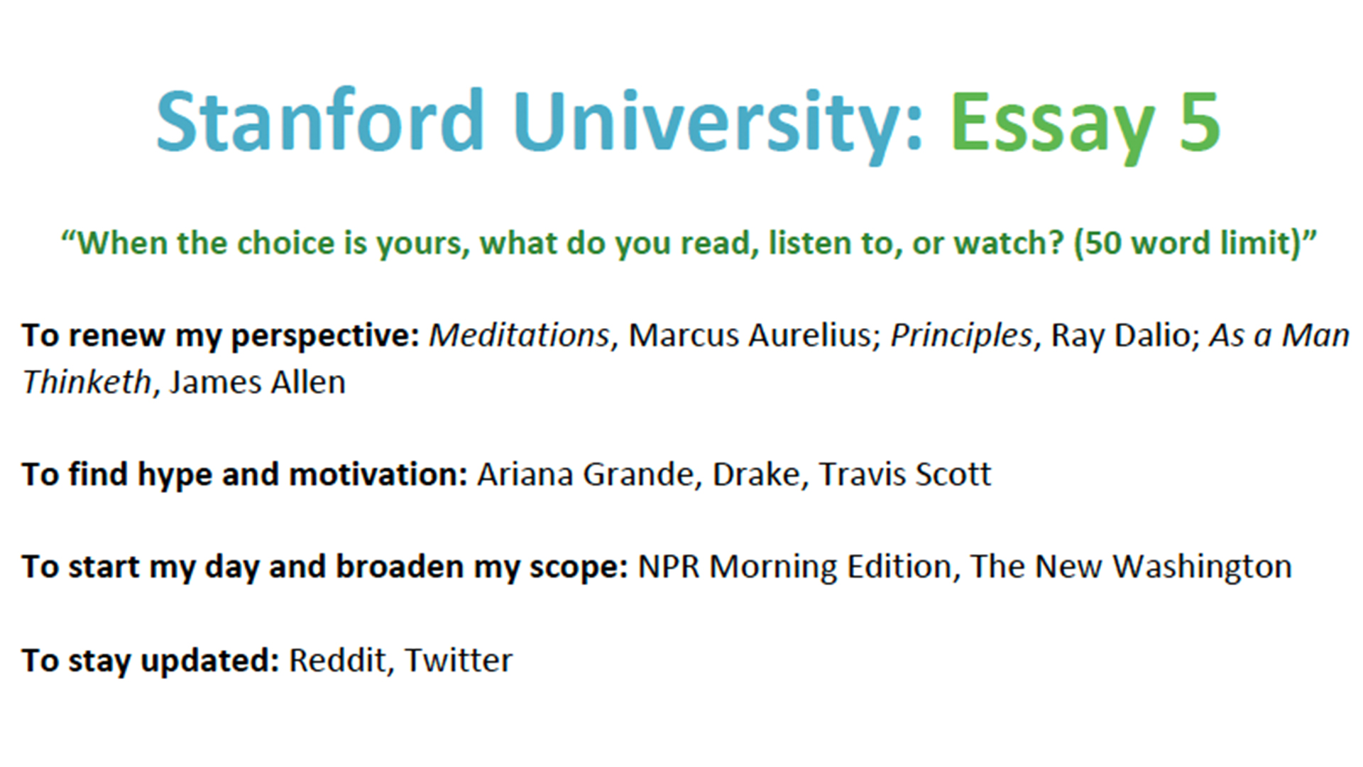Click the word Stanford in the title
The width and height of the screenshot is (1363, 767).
click(x=320, y=121)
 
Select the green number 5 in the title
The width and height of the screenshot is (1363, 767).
click(x=1200, y=121)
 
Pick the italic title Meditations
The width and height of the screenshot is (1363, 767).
click(x=519, y=335)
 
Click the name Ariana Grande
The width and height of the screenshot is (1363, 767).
click(x=585, y=474)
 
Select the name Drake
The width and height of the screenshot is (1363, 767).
click(x=755, y=474)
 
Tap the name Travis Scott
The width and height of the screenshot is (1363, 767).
click(x=905, y=474)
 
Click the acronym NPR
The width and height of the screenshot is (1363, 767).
click(x=669, y=567)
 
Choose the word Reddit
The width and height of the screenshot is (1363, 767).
click(x=337, y=660)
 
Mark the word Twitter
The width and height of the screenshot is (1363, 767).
click(x=458, y=660)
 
